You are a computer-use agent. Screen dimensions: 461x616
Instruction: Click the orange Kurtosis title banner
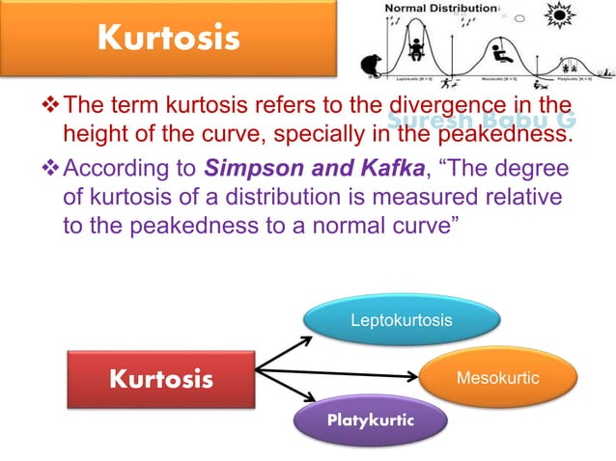click(x=169, y=40)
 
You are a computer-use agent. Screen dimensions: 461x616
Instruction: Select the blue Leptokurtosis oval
click(x=401, y=319)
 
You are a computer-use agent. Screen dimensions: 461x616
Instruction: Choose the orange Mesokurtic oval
click(x=498, y=377)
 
